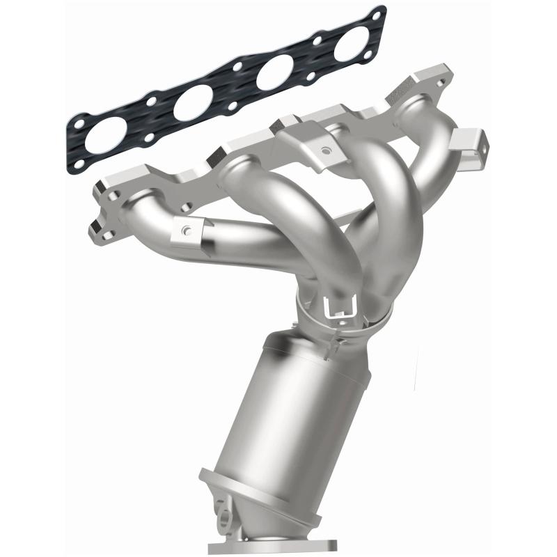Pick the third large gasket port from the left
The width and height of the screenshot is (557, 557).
273,74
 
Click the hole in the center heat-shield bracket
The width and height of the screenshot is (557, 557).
324,148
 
